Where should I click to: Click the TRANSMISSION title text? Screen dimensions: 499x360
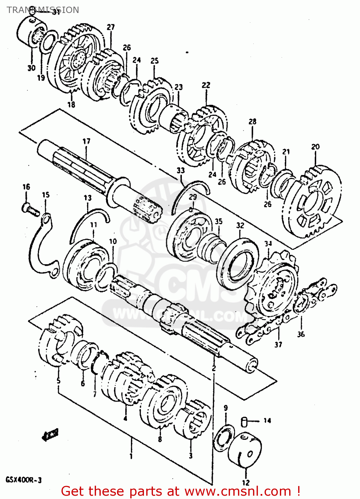(43, 10)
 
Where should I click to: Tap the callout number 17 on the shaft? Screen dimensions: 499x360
(86, 141)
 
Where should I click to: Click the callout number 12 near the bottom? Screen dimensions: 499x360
(246, 482)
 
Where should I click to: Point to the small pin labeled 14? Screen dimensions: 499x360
(244, 421)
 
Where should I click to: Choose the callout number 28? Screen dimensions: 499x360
(253, 121)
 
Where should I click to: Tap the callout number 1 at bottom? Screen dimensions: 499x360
(131, 456)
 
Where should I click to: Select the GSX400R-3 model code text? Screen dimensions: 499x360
(23, 480)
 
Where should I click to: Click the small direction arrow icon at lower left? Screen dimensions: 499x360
(50, 434)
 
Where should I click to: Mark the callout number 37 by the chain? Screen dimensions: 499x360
(278, 345)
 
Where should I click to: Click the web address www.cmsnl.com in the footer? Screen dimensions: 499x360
(238, 491)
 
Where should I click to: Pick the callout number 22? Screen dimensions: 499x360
(206, 85)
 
